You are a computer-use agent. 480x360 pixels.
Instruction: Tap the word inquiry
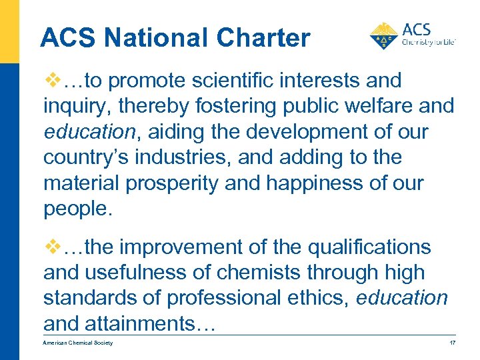73,107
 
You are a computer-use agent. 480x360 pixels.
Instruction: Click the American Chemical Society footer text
78,343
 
